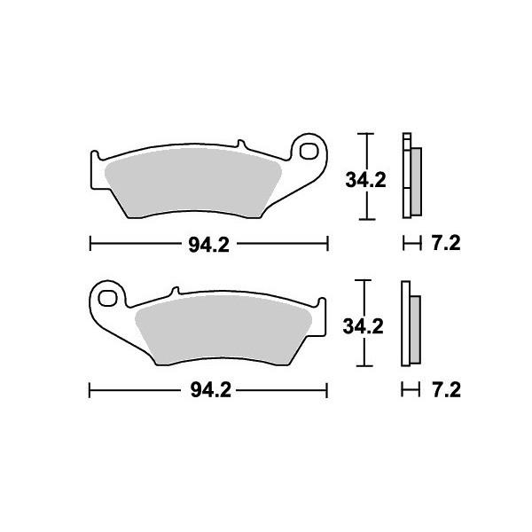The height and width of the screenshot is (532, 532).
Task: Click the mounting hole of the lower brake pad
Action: tap(108, 295)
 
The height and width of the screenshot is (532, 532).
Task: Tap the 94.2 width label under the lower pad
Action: tap(209, 390)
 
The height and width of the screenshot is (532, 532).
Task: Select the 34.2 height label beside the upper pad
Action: tap(364, 180)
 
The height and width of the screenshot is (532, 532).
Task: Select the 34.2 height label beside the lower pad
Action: tap(363, 326)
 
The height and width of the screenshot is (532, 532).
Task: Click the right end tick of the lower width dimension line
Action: tap(328, 390)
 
